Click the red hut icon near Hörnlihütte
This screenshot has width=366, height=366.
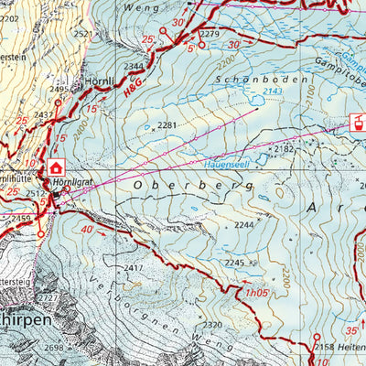coord(57,167)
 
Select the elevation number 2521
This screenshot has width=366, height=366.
coord(83,34)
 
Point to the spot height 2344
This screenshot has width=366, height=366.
coord(135,67)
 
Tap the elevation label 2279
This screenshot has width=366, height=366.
coord(210,35)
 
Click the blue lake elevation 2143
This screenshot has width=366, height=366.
coord(272,91)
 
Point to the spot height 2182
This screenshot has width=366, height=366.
coord(285,147)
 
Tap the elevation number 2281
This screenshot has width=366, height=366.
coord(167,124)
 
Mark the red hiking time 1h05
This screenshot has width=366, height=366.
coord(257,293)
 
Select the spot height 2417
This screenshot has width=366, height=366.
coord(135,267)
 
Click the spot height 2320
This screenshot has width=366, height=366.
coord(212,325)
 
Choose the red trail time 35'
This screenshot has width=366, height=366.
coord(352,331)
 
